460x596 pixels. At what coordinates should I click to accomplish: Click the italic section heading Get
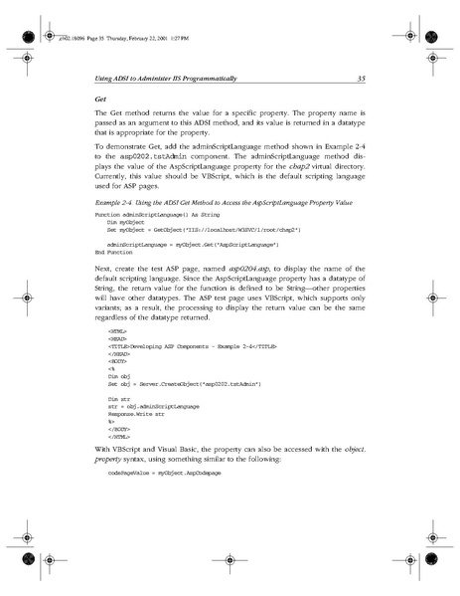pos(100,99)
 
